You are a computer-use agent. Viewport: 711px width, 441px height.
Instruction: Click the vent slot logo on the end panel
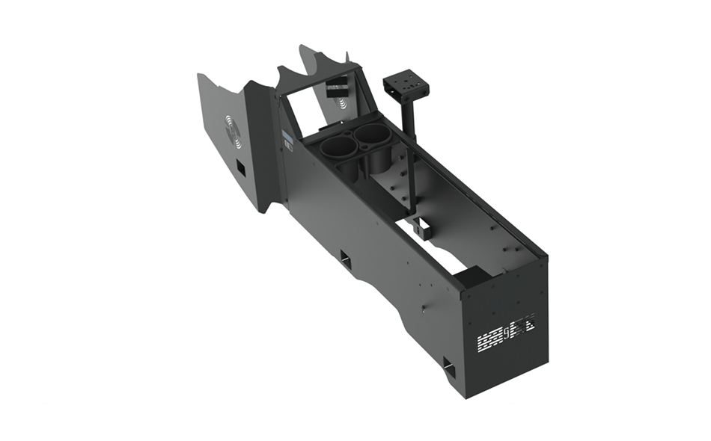[x=507, y=333]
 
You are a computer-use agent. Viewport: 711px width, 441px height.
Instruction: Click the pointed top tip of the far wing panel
[x=302, y=46]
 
